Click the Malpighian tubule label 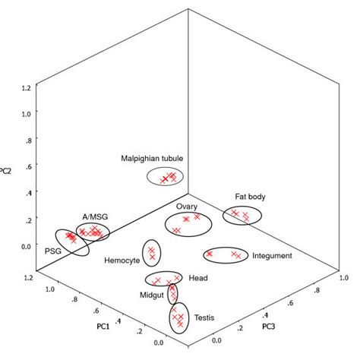[x=152, y=158]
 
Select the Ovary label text [x=188, y=206]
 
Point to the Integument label [x=271, y=256]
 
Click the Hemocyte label [x=122, y=260]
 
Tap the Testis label [x=204, y=317]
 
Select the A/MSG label [x=95, y=216]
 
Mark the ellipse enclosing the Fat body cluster [x=242, y=216]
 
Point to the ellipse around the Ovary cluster [x=187, y=226]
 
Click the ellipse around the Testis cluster [x=178, y=318]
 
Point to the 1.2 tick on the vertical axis [x=26, y=87]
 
